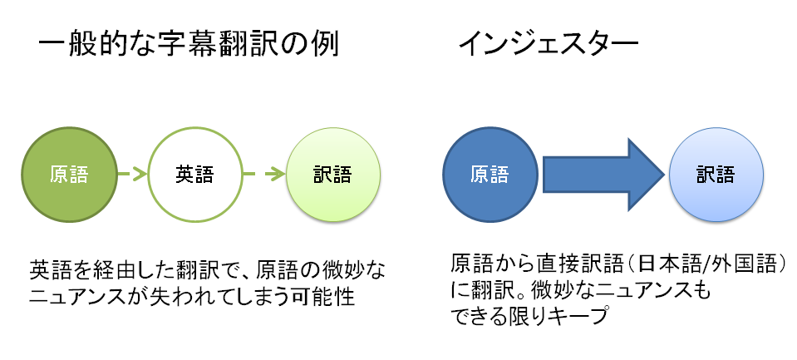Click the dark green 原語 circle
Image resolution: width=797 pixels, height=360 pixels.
click(x=69, y=175)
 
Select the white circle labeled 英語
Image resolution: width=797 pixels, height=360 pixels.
click(x=194, y=175)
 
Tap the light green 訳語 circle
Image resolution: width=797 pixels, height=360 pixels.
click(x=333, y=175)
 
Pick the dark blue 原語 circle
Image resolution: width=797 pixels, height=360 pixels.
click(x=490, y=175)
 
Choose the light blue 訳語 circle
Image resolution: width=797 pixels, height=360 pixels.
click(x=716, y=175)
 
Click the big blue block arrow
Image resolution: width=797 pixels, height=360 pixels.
click(x=604, y=175)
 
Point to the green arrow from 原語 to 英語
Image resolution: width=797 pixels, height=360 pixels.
click(x=132, y=175)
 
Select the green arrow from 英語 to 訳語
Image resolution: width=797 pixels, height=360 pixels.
click(x=263, y=175)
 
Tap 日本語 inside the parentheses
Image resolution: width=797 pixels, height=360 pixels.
click(x=667, y=263)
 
